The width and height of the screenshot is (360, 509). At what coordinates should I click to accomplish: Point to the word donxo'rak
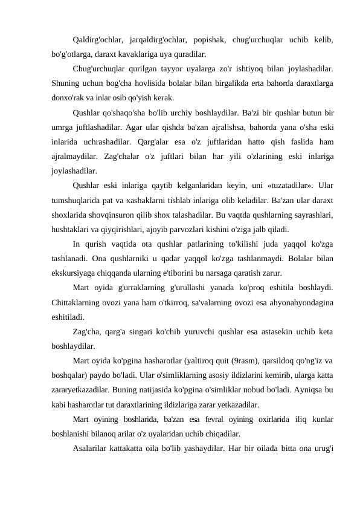[x=68, y=97]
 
